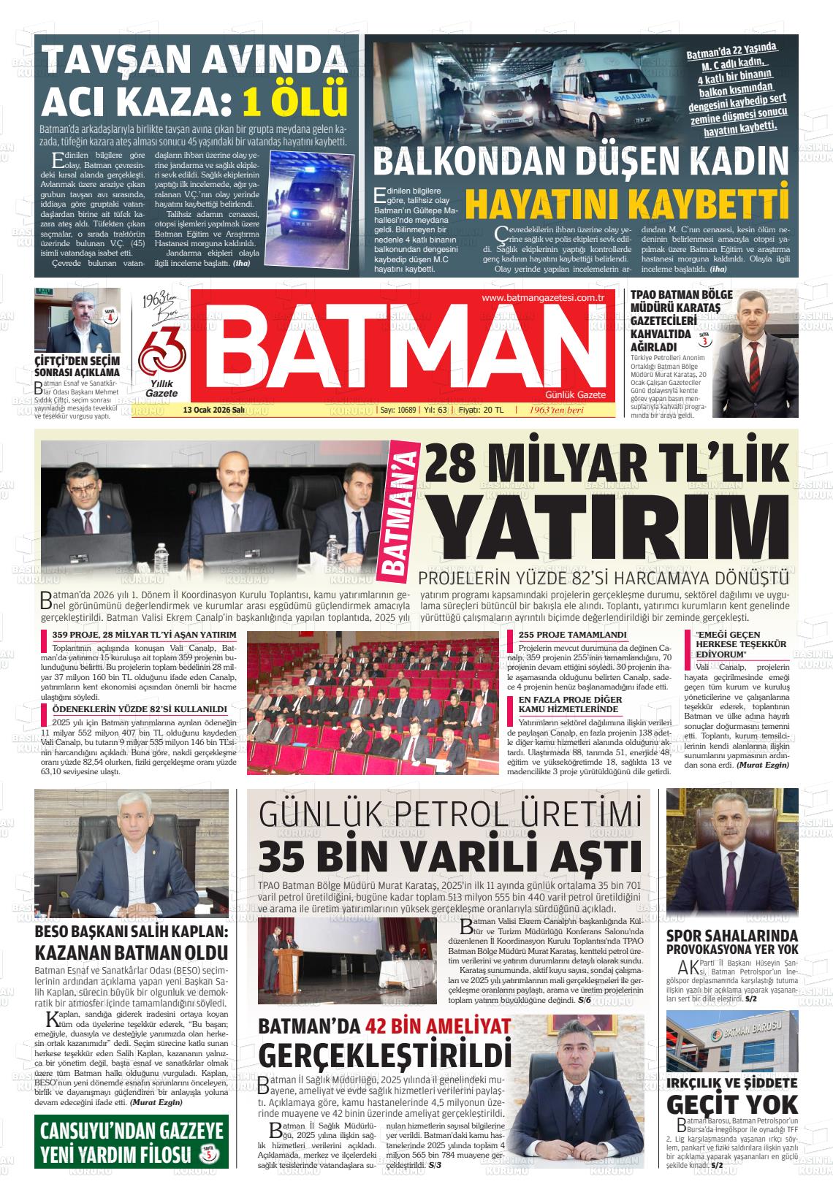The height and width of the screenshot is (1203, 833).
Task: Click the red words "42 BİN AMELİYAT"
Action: [438, 1026]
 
